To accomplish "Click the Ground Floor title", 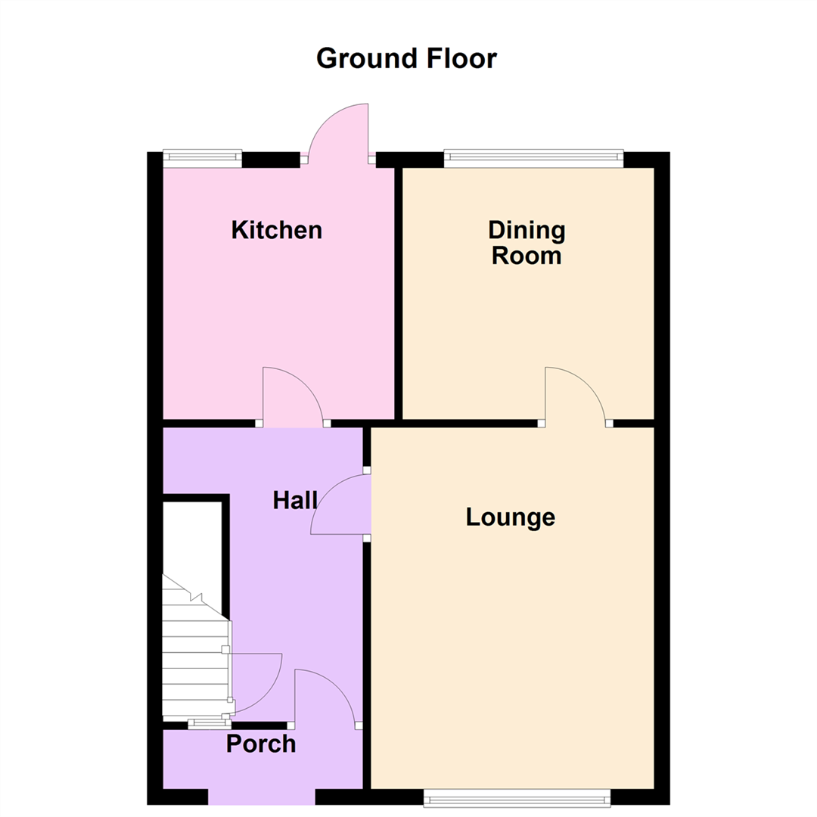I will [406, 58].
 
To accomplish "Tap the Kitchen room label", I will [277, 230].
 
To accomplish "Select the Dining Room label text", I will [527, 242].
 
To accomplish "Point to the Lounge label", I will [511, 517].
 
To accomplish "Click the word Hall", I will [295, 500].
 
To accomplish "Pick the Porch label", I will [261, 744].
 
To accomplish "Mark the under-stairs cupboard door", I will [256, 681].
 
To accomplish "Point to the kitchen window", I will [202, 157].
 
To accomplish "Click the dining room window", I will [533, 159].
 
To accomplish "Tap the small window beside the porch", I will [210, 724].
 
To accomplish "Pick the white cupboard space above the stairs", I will [192, 545].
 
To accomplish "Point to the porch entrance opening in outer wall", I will [261, 797].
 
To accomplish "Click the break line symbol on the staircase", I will [196, 597].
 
